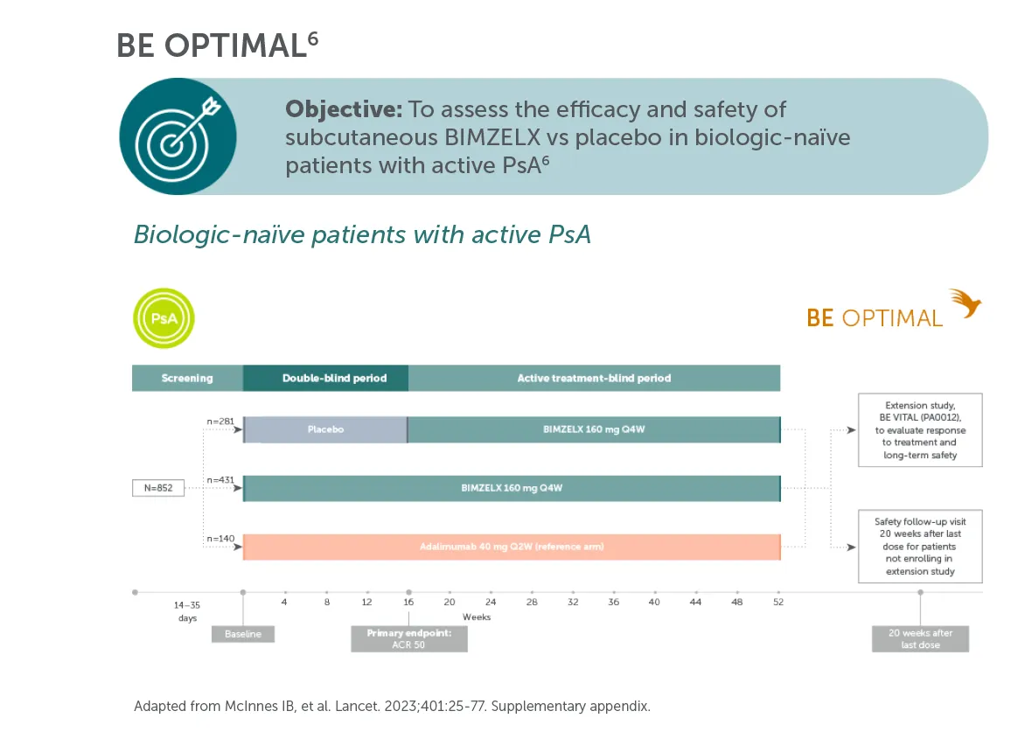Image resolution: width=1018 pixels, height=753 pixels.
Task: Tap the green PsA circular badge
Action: [164, 318]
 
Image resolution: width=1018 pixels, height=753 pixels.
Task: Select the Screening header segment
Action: [187, 378]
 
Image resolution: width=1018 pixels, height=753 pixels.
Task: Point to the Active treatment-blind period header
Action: [594, 378]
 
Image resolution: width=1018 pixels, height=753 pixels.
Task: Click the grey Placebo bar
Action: [325, 429]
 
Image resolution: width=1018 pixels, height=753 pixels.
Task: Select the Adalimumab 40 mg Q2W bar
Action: [511, 547]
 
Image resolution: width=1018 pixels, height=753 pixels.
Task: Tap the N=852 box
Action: [158, 488]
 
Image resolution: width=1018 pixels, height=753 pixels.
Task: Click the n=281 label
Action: [220, 422]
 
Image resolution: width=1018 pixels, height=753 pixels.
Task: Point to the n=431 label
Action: [220, 480]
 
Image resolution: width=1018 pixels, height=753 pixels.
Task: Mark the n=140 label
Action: [220, 539]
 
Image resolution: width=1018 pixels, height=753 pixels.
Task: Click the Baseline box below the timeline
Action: [243, 633]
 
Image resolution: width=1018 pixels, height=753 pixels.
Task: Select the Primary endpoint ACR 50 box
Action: [409, 638]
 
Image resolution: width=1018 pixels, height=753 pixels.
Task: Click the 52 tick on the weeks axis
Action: [778, 603]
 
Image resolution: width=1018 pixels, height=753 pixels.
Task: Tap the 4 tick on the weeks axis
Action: [284, 603]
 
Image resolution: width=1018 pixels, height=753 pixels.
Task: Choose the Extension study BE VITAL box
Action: [920, 429]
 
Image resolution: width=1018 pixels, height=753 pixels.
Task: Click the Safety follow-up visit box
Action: [920, 546]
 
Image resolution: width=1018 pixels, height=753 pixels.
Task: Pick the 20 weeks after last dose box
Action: [920, 638]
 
